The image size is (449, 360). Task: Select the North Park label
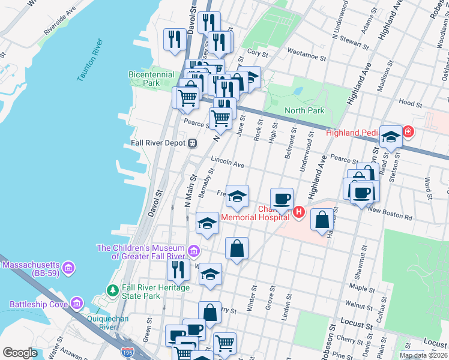[304, 110]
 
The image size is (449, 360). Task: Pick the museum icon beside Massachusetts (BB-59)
[68, 265]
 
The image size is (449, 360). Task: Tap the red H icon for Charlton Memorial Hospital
[298, 211]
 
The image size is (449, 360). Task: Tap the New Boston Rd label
[391, 212]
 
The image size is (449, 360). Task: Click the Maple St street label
[361, 289]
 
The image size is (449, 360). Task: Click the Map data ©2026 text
[423, 355]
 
